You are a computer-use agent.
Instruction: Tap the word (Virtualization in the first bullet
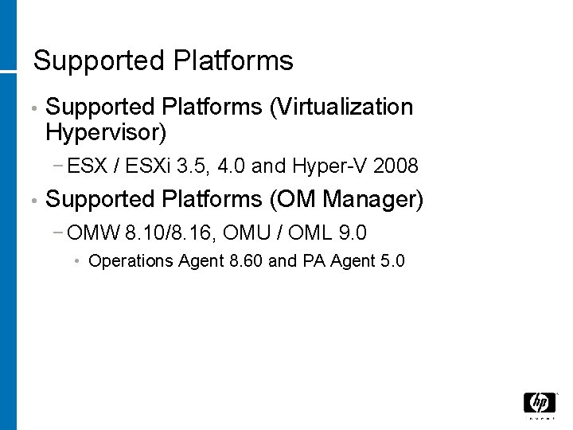341,107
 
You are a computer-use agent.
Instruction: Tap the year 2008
396,166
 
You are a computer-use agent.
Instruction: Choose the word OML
310,233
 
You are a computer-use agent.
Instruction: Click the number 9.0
353,233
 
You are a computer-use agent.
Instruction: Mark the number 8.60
246,261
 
